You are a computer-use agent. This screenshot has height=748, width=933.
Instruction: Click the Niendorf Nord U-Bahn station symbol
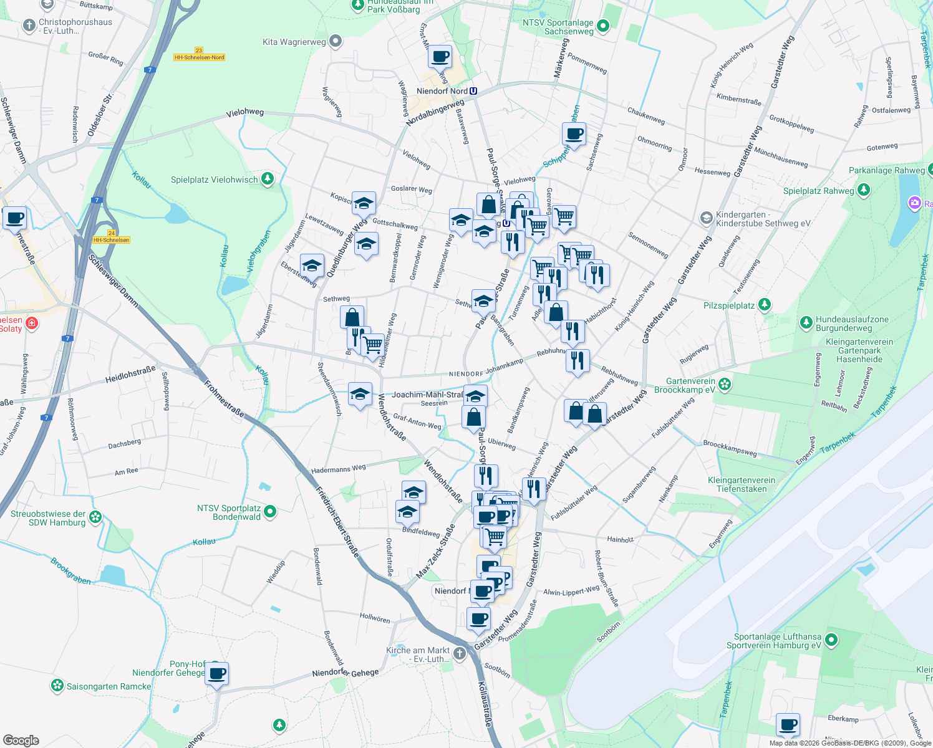coord(473,91)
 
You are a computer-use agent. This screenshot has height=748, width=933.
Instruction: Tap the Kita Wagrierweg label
coord(294,42)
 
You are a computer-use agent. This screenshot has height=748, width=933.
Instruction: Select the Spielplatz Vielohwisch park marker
coord(268,180)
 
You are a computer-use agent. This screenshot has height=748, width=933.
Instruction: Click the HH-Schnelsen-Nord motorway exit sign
coord(200,54)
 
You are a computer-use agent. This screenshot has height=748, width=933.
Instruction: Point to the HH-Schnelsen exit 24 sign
coord(112,237)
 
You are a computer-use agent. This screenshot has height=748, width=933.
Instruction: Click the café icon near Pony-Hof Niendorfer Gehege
coord(217,673)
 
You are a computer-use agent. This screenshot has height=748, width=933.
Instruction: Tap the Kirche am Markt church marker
coord(460,653)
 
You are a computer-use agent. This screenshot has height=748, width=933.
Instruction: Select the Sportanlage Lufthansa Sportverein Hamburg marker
coord(831,640)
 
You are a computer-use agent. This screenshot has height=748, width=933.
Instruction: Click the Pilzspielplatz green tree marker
coord(765,305)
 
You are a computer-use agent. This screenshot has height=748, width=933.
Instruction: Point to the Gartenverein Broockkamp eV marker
coord(725,385)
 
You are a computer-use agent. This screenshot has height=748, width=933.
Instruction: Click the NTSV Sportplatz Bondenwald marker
coord(270,512)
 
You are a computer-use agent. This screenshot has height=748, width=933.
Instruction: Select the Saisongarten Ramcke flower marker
coord(57,686)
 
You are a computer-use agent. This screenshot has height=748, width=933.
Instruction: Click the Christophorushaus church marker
coord(29,26)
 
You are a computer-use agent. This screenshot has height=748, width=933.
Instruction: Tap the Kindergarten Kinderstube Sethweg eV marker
coord(706,218)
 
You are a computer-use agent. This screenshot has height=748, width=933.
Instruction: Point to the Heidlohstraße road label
coord(130,375)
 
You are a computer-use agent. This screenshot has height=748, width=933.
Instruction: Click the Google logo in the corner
coord(21,741)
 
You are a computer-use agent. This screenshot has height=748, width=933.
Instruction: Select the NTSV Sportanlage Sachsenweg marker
coord(602,26)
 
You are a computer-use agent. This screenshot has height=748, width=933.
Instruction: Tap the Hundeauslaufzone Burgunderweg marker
coord(806,323)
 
